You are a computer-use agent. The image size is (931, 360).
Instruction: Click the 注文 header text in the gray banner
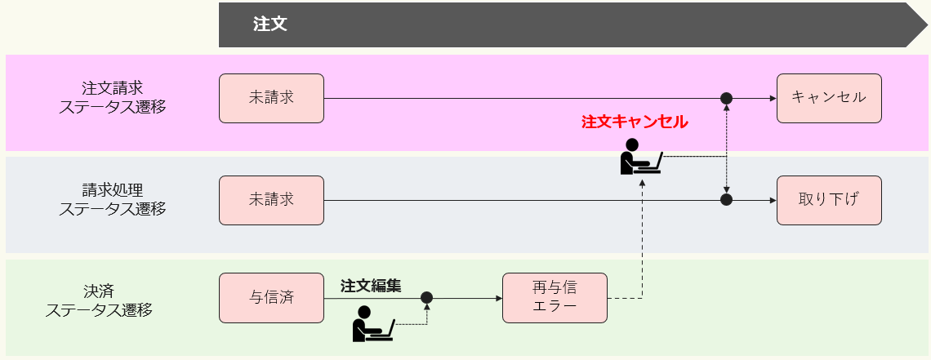269,24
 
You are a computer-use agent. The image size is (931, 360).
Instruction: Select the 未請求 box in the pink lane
271,98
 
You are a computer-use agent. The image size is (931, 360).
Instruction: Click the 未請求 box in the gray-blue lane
271,200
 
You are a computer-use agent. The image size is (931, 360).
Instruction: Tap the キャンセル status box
829,98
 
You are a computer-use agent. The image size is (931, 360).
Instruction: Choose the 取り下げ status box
829,200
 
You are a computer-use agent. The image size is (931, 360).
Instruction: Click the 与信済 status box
271,298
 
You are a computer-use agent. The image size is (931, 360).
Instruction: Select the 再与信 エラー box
555,298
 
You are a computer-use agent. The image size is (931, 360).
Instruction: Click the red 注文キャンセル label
635,122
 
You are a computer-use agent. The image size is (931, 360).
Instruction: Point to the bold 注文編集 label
371,286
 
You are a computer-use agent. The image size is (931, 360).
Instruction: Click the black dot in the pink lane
726,99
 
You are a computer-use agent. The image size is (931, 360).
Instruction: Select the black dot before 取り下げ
726,200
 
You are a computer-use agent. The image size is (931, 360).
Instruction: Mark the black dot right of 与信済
426,298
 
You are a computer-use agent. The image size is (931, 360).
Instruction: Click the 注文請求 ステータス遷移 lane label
112,97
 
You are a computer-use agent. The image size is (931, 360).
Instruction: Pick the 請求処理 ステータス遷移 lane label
112,199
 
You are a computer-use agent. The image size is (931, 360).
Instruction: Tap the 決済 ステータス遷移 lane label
99,300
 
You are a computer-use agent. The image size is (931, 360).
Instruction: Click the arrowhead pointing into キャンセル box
772,99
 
